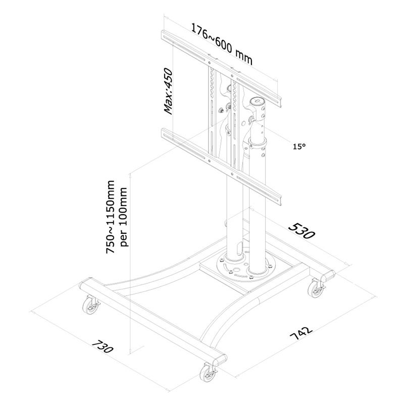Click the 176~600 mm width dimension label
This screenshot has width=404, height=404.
222,43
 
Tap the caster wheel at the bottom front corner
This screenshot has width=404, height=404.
208,374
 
